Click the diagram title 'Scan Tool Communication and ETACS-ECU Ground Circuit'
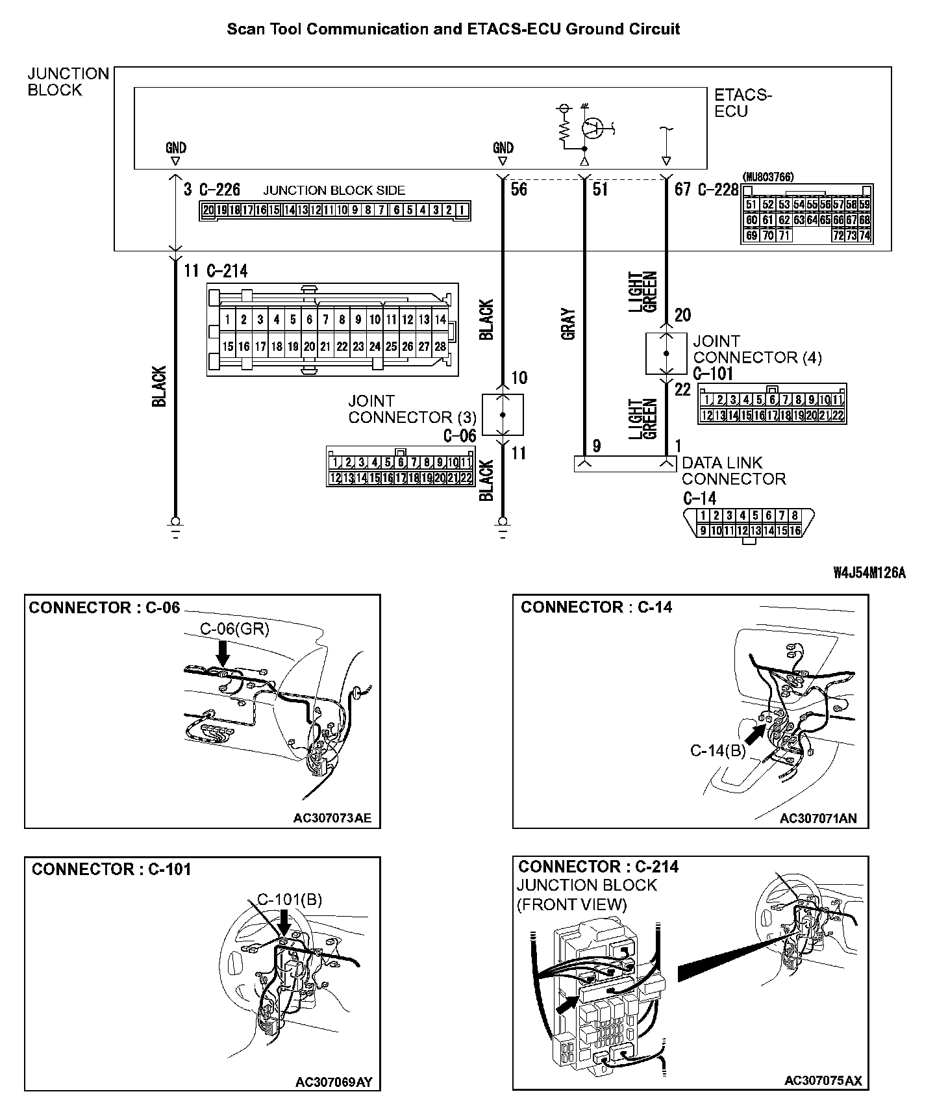pos(453,29)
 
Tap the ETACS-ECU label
pos(743,103)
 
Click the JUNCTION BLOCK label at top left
pos(68,82)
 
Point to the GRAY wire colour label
pos(569,324)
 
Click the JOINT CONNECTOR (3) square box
pos(503,414)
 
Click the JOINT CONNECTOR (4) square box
pos(666,353)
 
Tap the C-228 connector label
pos(718,190)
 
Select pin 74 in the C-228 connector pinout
pos(864,236)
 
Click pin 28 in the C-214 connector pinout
pos(440,347)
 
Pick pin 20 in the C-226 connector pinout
pos(208,210)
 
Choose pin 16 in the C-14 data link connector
pos(795,531)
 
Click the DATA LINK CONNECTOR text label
pos(733,471)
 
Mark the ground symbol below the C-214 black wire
pos(175,524)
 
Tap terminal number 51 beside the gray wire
pos(600,189)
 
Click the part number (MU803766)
pos(767,177)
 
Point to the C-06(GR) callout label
pos(234,628)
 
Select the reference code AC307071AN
pos(818,818)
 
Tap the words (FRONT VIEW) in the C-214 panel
pos(572,904)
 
